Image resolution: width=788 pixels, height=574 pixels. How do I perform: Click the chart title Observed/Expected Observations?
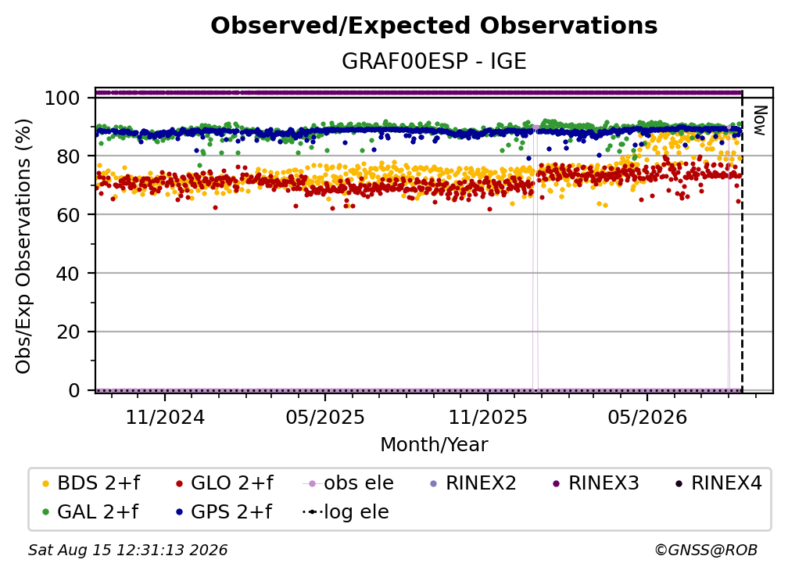tap(434, 26)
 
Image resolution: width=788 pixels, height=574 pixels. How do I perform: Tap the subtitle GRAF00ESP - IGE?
tap(434, 61)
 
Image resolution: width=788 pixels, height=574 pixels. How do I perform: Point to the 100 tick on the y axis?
tap(63, 98)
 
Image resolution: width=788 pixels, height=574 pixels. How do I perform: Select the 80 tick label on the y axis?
tap(68, 156)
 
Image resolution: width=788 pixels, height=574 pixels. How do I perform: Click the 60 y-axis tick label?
tap(68, 215)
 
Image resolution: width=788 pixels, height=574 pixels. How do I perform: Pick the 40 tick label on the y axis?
tap(68, 274)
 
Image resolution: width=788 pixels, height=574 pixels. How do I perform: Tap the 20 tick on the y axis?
tap(68, 332)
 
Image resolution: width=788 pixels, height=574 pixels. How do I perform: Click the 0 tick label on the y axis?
tap(74, 390)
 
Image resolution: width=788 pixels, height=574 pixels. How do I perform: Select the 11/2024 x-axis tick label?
tap(165, 417)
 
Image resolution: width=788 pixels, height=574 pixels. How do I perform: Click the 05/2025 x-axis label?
tap(325, 417)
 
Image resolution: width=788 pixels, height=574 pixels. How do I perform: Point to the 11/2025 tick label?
tap(488, 417)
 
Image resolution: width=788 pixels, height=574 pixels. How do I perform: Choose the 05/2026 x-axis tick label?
tap(647, 417)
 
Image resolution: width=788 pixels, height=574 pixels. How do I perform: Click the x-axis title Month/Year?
tap(434, 445)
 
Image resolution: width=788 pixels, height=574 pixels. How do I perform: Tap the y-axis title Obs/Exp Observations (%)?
tap(23, 246)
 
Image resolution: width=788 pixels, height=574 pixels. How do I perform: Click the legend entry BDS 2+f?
tap(91, 483)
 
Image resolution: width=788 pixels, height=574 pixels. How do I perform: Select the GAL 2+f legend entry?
tap(90, 512)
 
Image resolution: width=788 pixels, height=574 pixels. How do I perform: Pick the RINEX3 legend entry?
tap(596, 483)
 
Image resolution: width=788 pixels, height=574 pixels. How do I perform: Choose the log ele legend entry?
tap(346, 512)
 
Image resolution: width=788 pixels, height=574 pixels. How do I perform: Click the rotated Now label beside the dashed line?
tap(759, 120)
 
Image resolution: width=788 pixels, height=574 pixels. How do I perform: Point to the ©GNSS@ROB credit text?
tap(706, 551)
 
